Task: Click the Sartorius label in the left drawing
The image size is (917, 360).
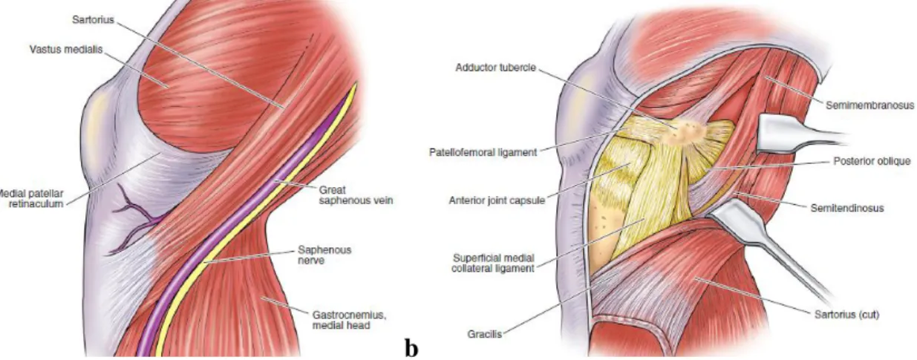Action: tap(93, 19)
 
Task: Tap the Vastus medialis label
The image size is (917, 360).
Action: tap(65, 50)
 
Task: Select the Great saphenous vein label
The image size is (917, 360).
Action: tap(356, 195)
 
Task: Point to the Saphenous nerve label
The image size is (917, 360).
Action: tap(324, 255)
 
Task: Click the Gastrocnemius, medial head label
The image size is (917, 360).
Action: tap(349, 321)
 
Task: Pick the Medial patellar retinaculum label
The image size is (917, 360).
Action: tap(32, 198)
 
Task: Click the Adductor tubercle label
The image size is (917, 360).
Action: tap(495, 68)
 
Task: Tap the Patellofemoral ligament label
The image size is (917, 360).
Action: tap(483, 152)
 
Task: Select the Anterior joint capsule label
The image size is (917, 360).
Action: tap(497, 200)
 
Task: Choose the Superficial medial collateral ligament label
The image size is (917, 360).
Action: tap(493, 263)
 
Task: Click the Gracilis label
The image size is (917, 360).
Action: tap(485, 334)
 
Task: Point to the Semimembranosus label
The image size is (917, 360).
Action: tap(869, 105)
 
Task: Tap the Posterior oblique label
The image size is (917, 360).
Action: tap(872, 161)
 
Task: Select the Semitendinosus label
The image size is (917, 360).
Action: tap(847, 209)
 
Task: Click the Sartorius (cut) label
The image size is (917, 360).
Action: tap(846, 315)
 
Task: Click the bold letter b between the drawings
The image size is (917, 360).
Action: tap(411, 348)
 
